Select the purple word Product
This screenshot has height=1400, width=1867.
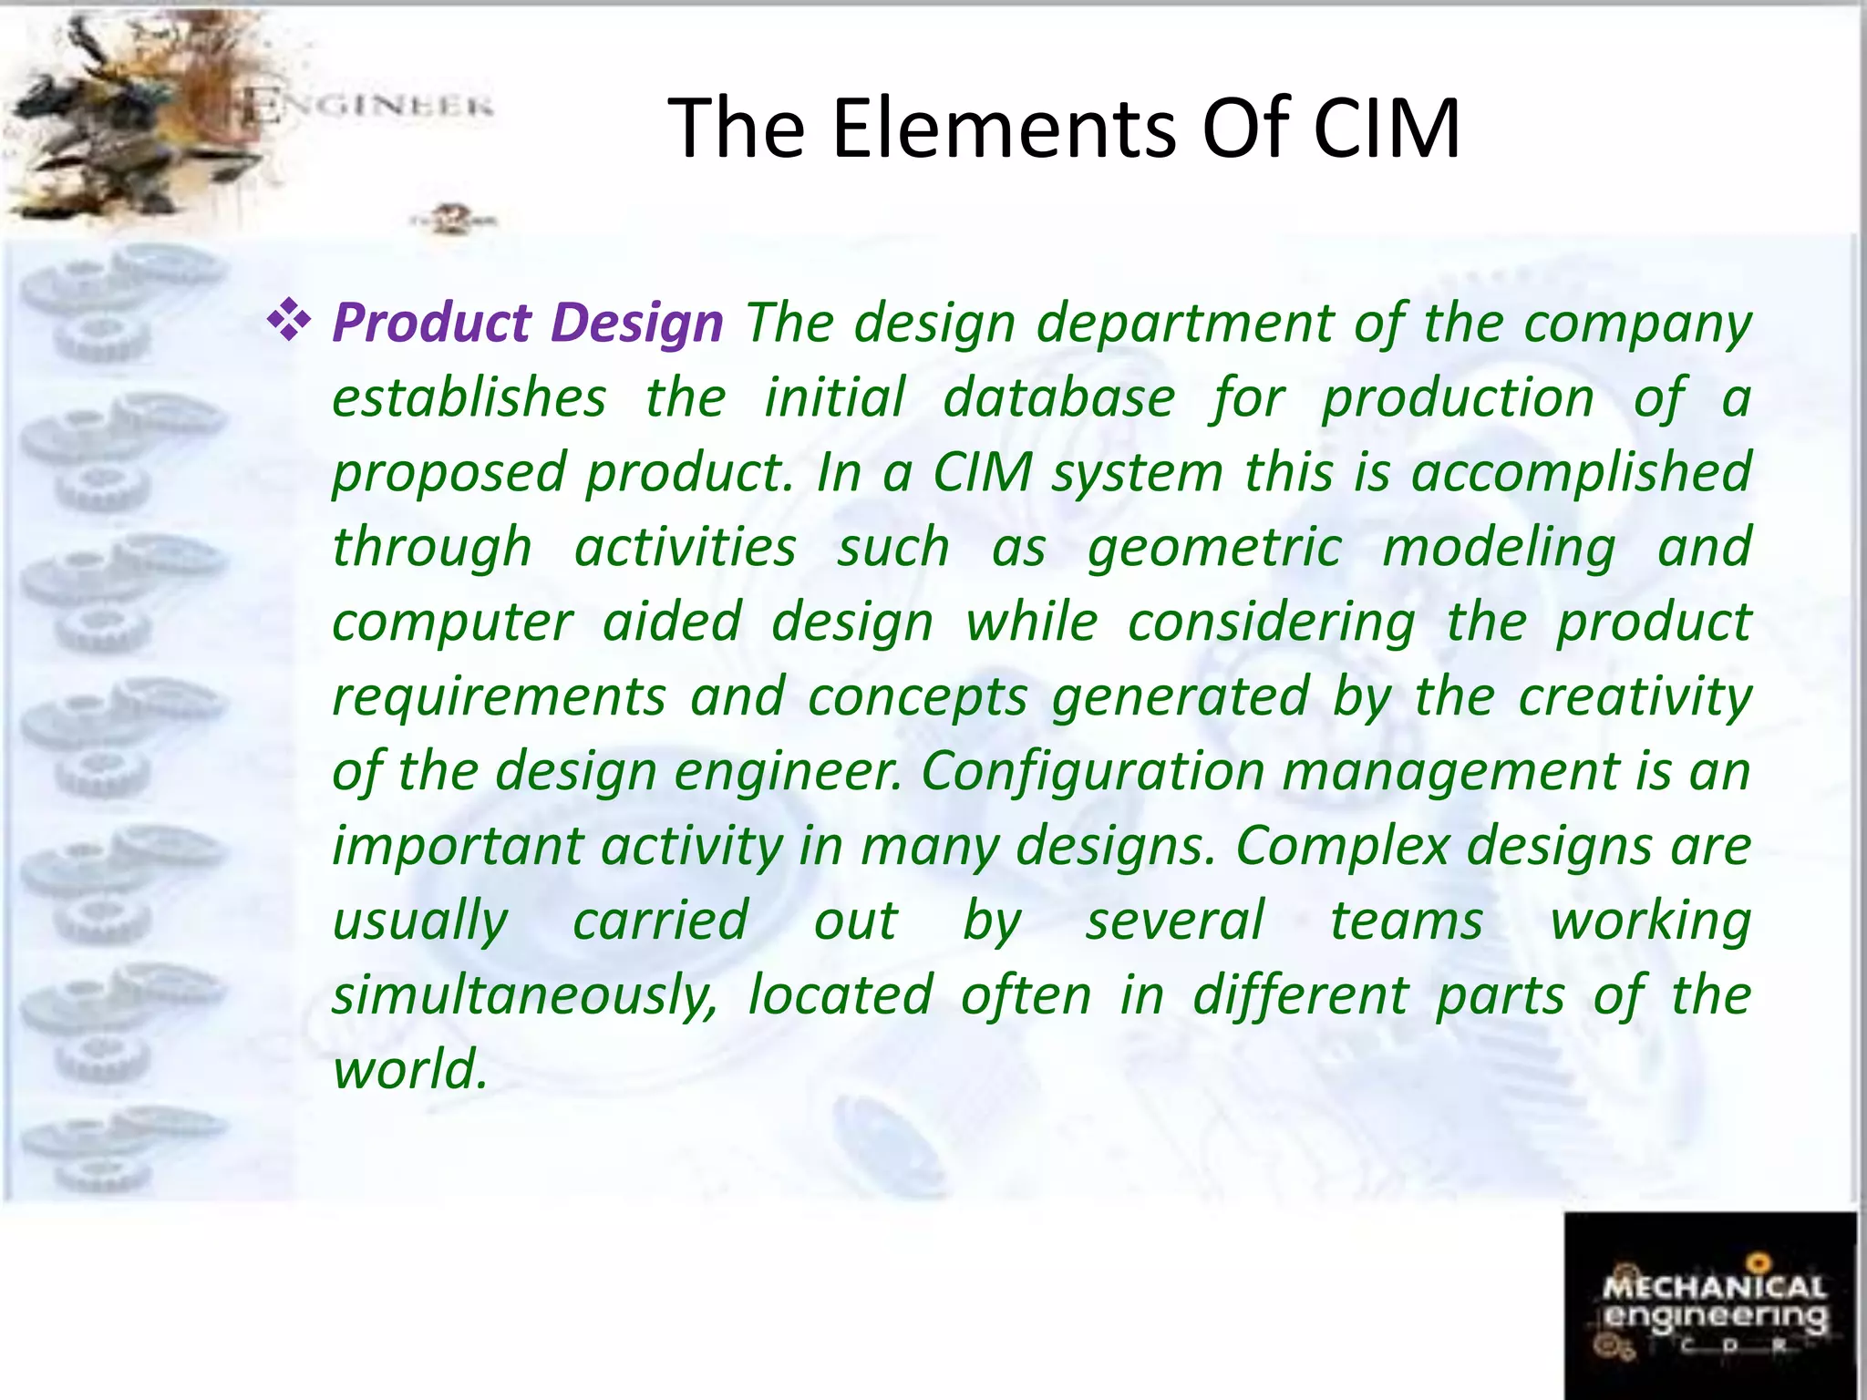[x=431, y=323]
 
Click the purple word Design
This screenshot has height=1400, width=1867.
[x=637, y=323]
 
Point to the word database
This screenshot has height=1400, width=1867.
[x=1058, y=398]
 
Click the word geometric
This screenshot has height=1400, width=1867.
[x=1214, y=548]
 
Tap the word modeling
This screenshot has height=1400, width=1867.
[x=1499, y=548]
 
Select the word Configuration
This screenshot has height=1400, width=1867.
[x=1092, y=771]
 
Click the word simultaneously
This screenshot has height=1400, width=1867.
[x=525, y=994]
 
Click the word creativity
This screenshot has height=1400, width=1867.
[x=1635, y=696]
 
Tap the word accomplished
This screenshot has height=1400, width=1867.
[x=1581, y=473]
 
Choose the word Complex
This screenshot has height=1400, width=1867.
[x=1342, y=845]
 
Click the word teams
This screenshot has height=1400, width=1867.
[x=1407, y=920]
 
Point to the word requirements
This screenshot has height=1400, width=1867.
[x=499, y=696]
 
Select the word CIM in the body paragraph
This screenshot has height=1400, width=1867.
[x=982, y=473]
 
